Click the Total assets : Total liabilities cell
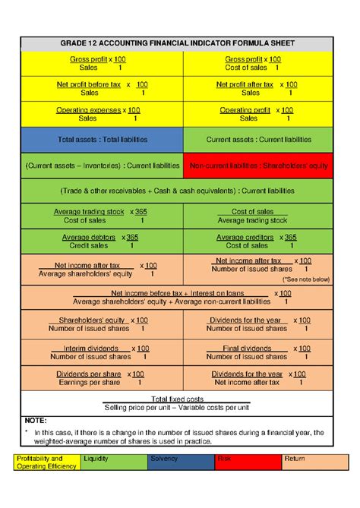click(103, 140)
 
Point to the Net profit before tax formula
click(103, 89)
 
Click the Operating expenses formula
click(103, 114)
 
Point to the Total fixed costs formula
click(178, 403)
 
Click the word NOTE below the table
click(36, 420)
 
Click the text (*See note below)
click(307, 279)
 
